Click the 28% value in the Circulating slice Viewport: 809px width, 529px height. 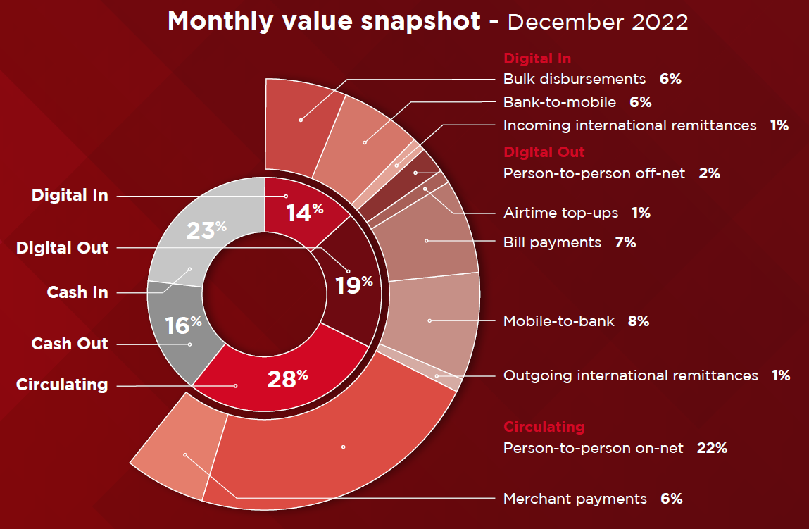pyautogui.click(x=287, y=379)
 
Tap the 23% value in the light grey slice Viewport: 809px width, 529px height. pyautogui.click(x=206, y=230)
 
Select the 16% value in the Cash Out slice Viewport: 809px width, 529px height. pyautogui.click(x=183, y=325)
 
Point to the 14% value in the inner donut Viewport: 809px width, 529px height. pyautogui.click(x=304, y=212)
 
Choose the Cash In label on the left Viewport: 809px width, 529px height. pyautogui.click(x=77, y=292)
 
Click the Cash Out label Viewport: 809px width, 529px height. pyautogui.click(x=70, y=344)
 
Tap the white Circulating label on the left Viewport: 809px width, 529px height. pyautogui.click(x=62, y=385)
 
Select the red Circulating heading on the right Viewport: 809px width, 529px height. pyautogui.click(x=544, y=427)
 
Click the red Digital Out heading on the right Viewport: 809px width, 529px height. pyautogui.click(x=544, y=152)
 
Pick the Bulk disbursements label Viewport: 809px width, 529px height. pyautogui.click(x=575, y=79)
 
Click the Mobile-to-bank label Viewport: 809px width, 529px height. pyautogui.click(x=559, y=321)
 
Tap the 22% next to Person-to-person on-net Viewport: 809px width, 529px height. pyautogui.click(x=712, y=448)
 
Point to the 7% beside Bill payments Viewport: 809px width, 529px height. pyautogui.click(x=625, y=242)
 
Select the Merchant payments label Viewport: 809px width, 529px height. pyautogui.click(x=575, y=499)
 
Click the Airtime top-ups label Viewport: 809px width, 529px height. pyautogui.click(x=561, y=213)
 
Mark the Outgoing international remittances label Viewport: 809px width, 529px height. pyautogui.click(x=630, y=375)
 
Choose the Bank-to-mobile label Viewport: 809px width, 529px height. pyautogui.click(x=560, y=102)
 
